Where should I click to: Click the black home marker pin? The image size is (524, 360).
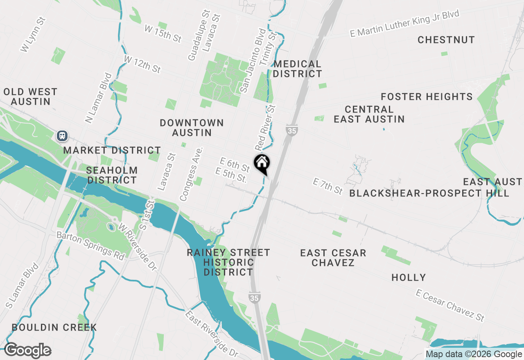[x=262, y=164]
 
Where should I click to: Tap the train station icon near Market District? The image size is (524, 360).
[x=62, y=135]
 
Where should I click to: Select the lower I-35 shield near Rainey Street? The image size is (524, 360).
[x=254, y=298]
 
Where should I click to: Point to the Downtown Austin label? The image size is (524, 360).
[x=192, y=128]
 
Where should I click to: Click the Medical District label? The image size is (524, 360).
[x=298, y=69]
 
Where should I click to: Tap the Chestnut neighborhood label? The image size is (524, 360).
[x=446, y=40]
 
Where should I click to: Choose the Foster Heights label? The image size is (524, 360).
[x=427, y=97]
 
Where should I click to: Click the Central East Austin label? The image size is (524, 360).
[x=369, y=114]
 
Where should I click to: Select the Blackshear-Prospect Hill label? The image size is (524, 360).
[x=429, y=193]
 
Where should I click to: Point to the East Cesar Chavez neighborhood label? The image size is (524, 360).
[x=333, y=258]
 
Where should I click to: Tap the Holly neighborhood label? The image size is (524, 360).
[x=409, y=278]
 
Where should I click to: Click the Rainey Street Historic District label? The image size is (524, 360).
[x=228, y=262]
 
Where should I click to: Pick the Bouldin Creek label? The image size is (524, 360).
[x=54, y=327]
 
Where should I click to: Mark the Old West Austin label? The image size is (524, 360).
[x=30, y=97]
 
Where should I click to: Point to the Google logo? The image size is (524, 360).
[x=28, y=351]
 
